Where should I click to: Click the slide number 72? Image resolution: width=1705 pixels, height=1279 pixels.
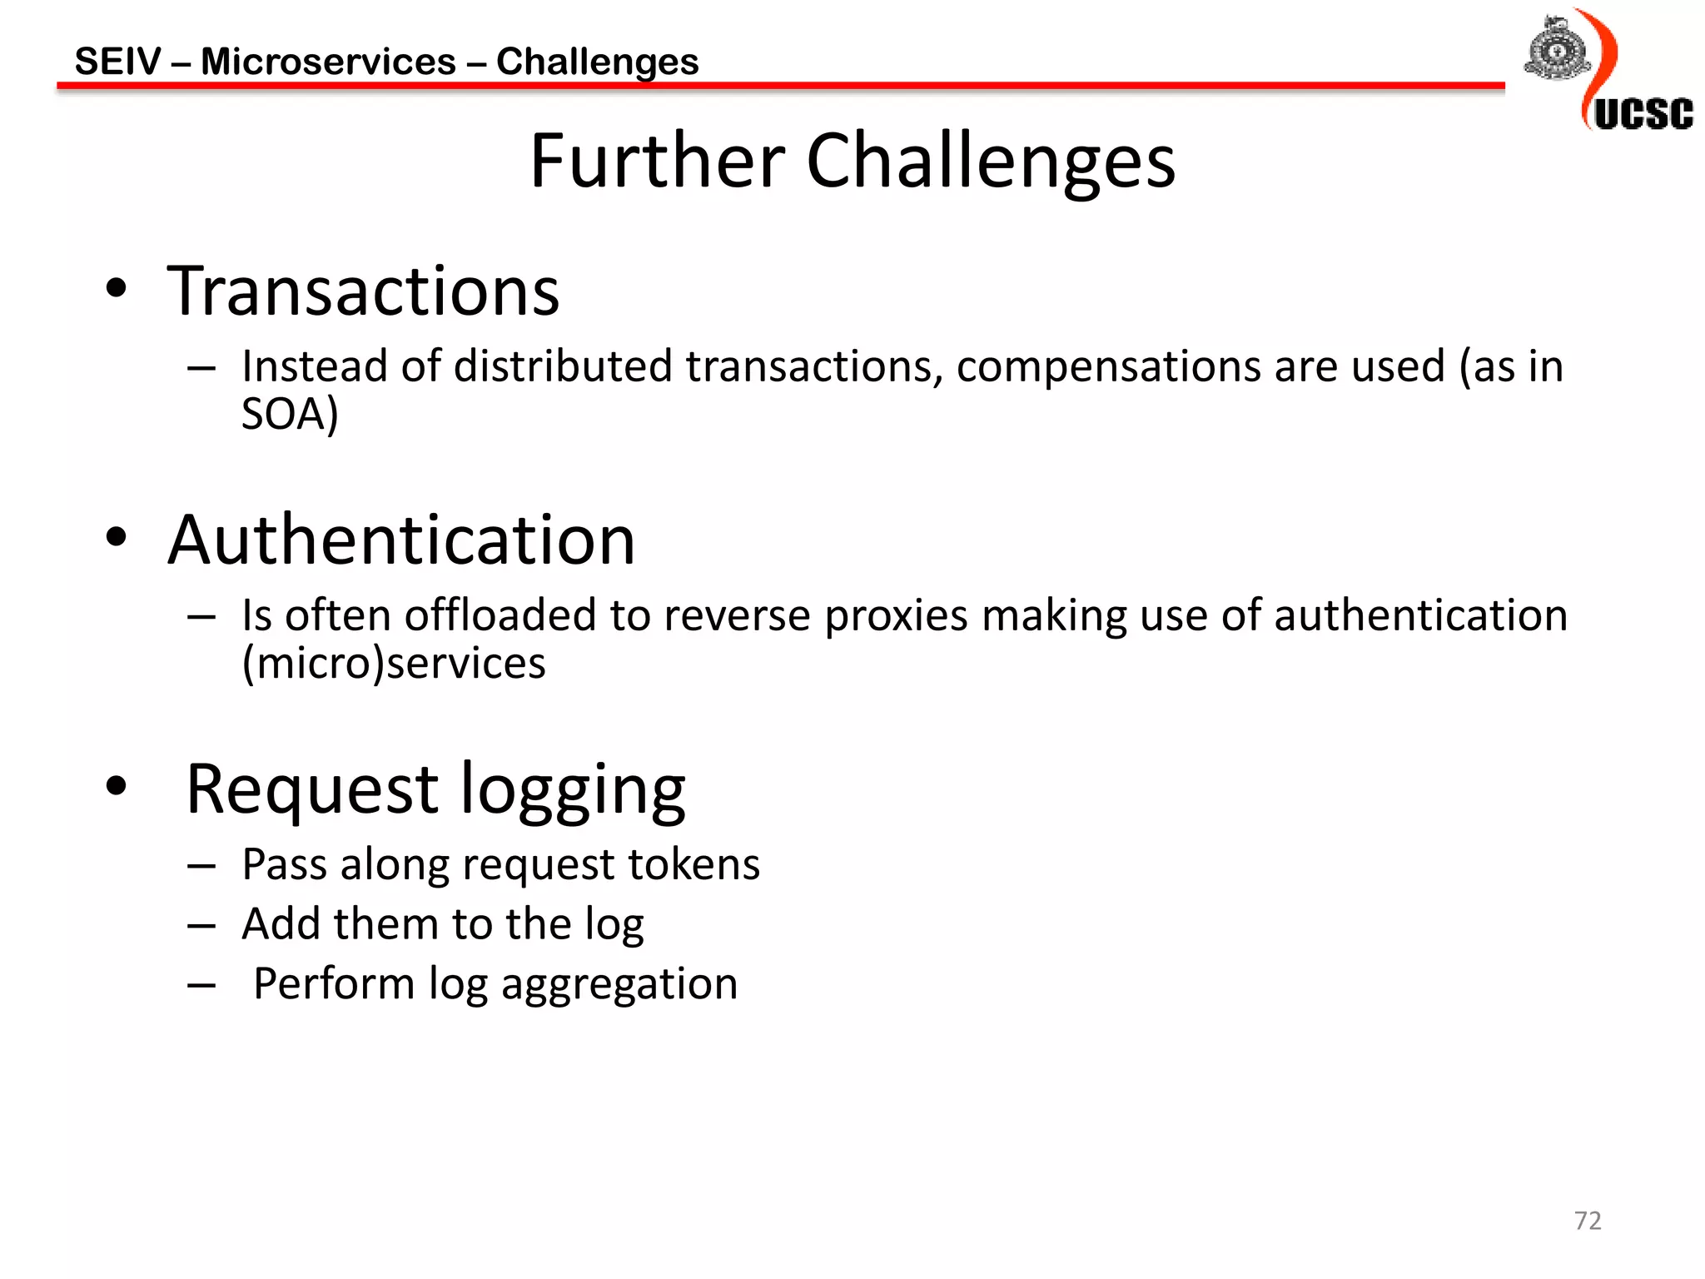[x=1587, y=1220]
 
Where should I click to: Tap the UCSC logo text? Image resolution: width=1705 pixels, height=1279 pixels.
[x=1643, y=114]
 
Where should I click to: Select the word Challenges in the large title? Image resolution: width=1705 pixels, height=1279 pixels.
[x=991, y=162]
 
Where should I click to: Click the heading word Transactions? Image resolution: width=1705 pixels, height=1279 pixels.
[x=363, y=291]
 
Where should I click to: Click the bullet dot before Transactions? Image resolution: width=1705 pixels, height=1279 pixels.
[x=117, y=289]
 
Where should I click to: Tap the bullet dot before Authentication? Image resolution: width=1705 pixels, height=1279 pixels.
[x=117, y=537]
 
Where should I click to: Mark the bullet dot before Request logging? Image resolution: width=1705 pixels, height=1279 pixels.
[x=117, y=785]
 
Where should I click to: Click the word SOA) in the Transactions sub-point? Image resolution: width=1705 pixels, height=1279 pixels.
[x=290, y=414]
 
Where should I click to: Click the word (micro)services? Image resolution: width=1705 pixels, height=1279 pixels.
[x=394, y=663]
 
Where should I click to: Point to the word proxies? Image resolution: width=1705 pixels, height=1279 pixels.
[x=896, y=615]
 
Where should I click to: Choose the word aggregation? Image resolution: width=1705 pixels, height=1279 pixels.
[x=619, y=985]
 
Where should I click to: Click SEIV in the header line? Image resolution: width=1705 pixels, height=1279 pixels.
[x=117, y=62]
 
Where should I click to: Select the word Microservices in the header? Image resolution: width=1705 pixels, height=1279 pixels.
[x=328, y=62]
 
